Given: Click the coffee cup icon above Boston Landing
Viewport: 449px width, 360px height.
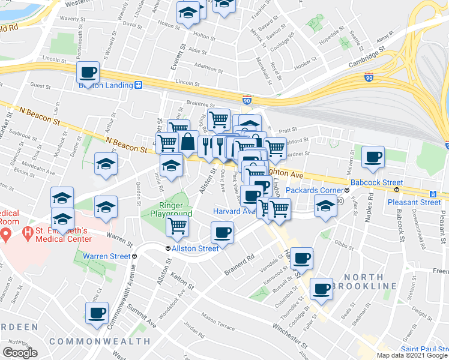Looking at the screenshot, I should pyautogui.click(x=88, y=73).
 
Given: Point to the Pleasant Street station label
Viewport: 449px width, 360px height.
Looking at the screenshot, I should pyautogui.click(x=417, y=202).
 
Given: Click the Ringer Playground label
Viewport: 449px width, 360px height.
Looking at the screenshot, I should pyautogui.click(x=166, y=209).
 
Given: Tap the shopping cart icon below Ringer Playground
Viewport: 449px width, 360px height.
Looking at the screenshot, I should pyautogui.click(x=178, y=226).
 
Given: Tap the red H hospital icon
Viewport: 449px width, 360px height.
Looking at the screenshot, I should pyautogui.click(x=7, y=232).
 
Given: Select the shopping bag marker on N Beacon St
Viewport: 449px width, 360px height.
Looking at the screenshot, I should pyautogui.click(x=188, y=143).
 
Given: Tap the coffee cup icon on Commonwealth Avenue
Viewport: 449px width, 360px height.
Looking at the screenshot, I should pyautogui.click(x=97, y=313).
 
